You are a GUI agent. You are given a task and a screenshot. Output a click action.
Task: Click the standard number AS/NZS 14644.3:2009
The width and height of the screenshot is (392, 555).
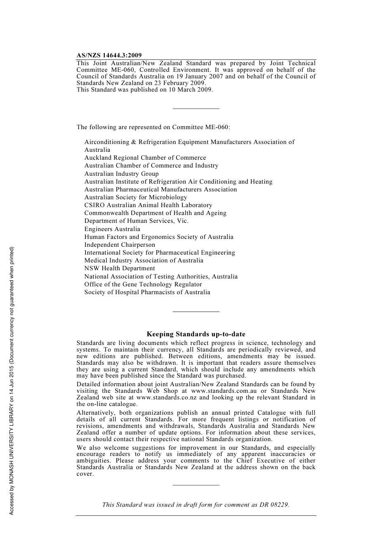pyautogui.click(x=109, y=55)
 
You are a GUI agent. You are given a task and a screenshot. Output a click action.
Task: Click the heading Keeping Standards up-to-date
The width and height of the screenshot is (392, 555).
pyautogui.click(x=196, y=334)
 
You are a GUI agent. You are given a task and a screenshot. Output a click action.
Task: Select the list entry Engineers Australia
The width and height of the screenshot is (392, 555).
pyautogui.click(x=112, y=229)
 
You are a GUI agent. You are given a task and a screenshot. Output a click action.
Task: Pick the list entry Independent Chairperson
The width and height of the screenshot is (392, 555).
pyautogui.click(x=120, y=245)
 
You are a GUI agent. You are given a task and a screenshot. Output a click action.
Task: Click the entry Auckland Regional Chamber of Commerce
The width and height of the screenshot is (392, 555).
pyautogui.click(x=145, y=158)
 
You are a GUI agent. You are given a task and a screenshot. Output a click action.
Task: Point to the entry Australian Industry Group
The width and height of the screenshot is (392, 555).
pyautogui.click(x=121, y=174)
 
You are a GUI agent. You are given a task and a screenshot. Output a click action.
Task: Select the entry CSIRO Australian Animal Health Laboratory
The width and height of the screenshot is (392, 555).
pyautogui.click(x=148, y=205)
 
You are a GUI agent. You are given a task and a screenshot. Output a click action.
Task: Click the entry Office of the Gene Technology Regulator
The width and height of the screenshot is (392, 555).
pyautogui.click(x=143, y=284)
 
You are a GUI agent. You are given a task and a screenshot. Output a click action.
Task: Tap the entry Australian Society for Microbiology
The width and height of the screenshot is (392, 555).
pyautogui.click(x=136, y=197)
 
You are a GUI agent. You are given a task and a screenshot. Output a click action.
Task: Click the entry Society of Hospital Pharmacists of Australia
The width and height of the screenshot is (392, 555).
pyautogui.click(x=147, y=292)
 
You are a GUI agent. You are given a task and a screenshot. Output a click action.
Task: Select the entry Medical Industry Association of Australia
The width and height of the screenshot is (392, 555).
pyautogui.click(x=144, y=260)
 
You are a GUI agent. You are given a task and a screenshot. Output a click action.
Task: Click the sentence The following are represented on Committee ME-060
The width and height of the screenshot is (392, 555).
pyautogui.click(x=153, y=127)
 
